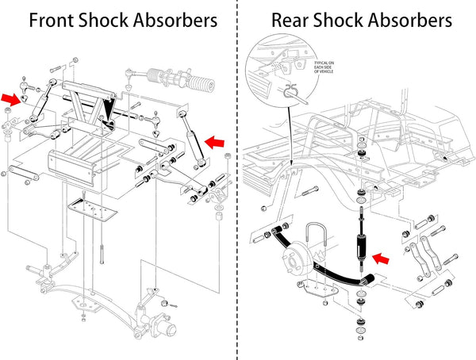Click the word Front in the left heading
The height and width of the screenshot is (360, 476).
(x=56, y=20)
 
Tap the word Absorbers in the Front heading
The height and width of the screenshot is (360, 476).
(x=171, y=20)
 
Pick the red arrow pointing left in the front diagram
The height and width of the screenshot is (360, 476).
(x=214, y=141)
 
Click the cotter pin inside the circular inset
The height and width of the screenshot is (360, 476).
(x=290, y=94)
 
